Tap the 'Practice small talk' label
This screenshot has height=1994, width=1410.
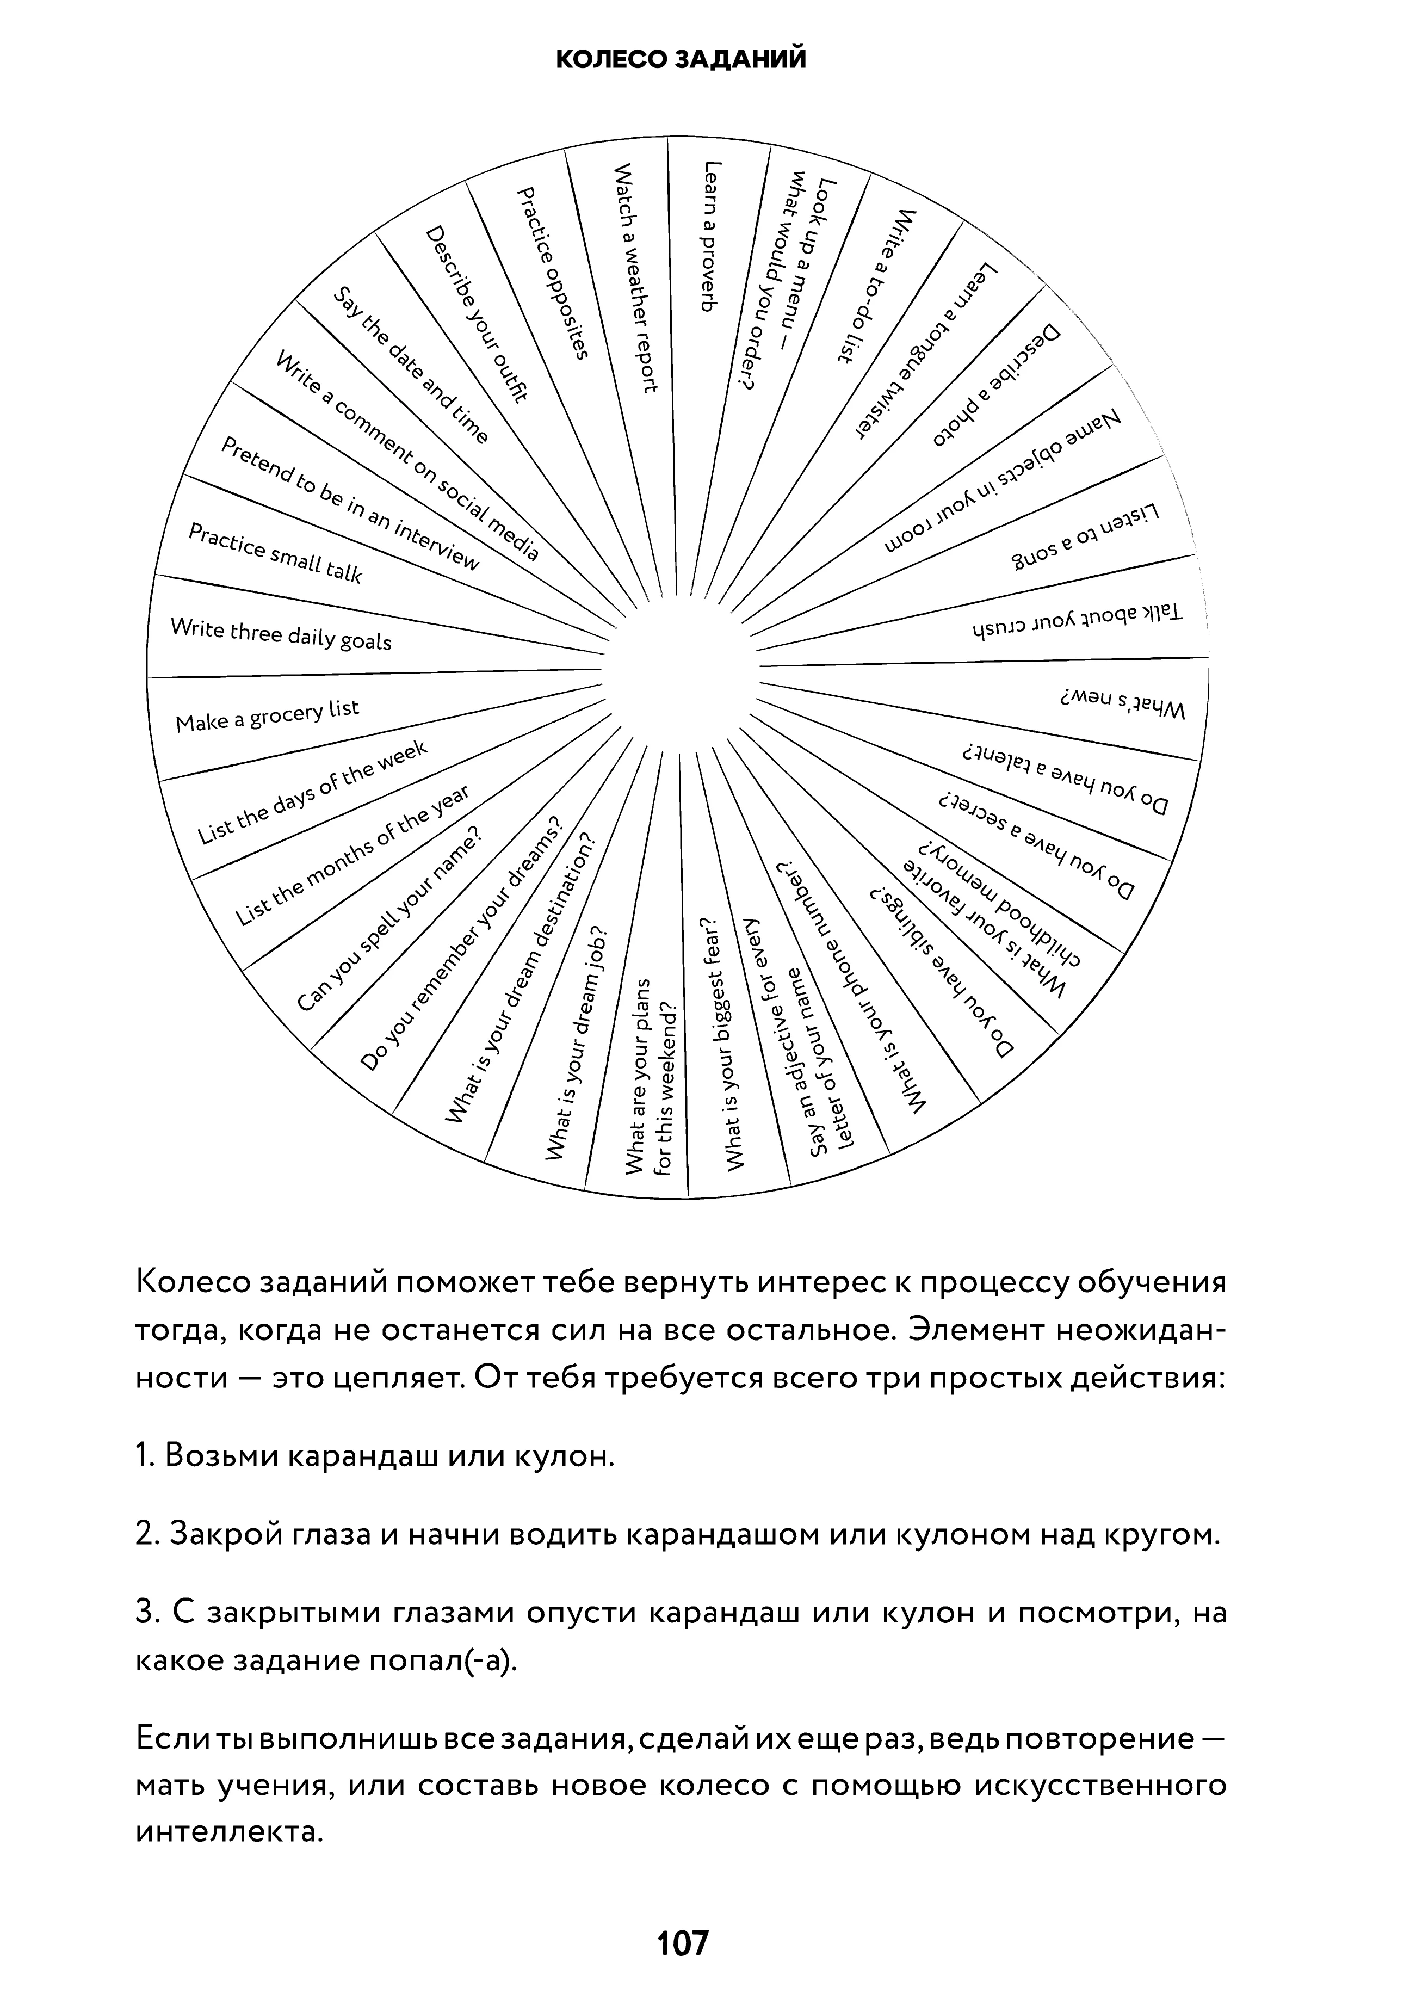[x=274, y=553]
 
